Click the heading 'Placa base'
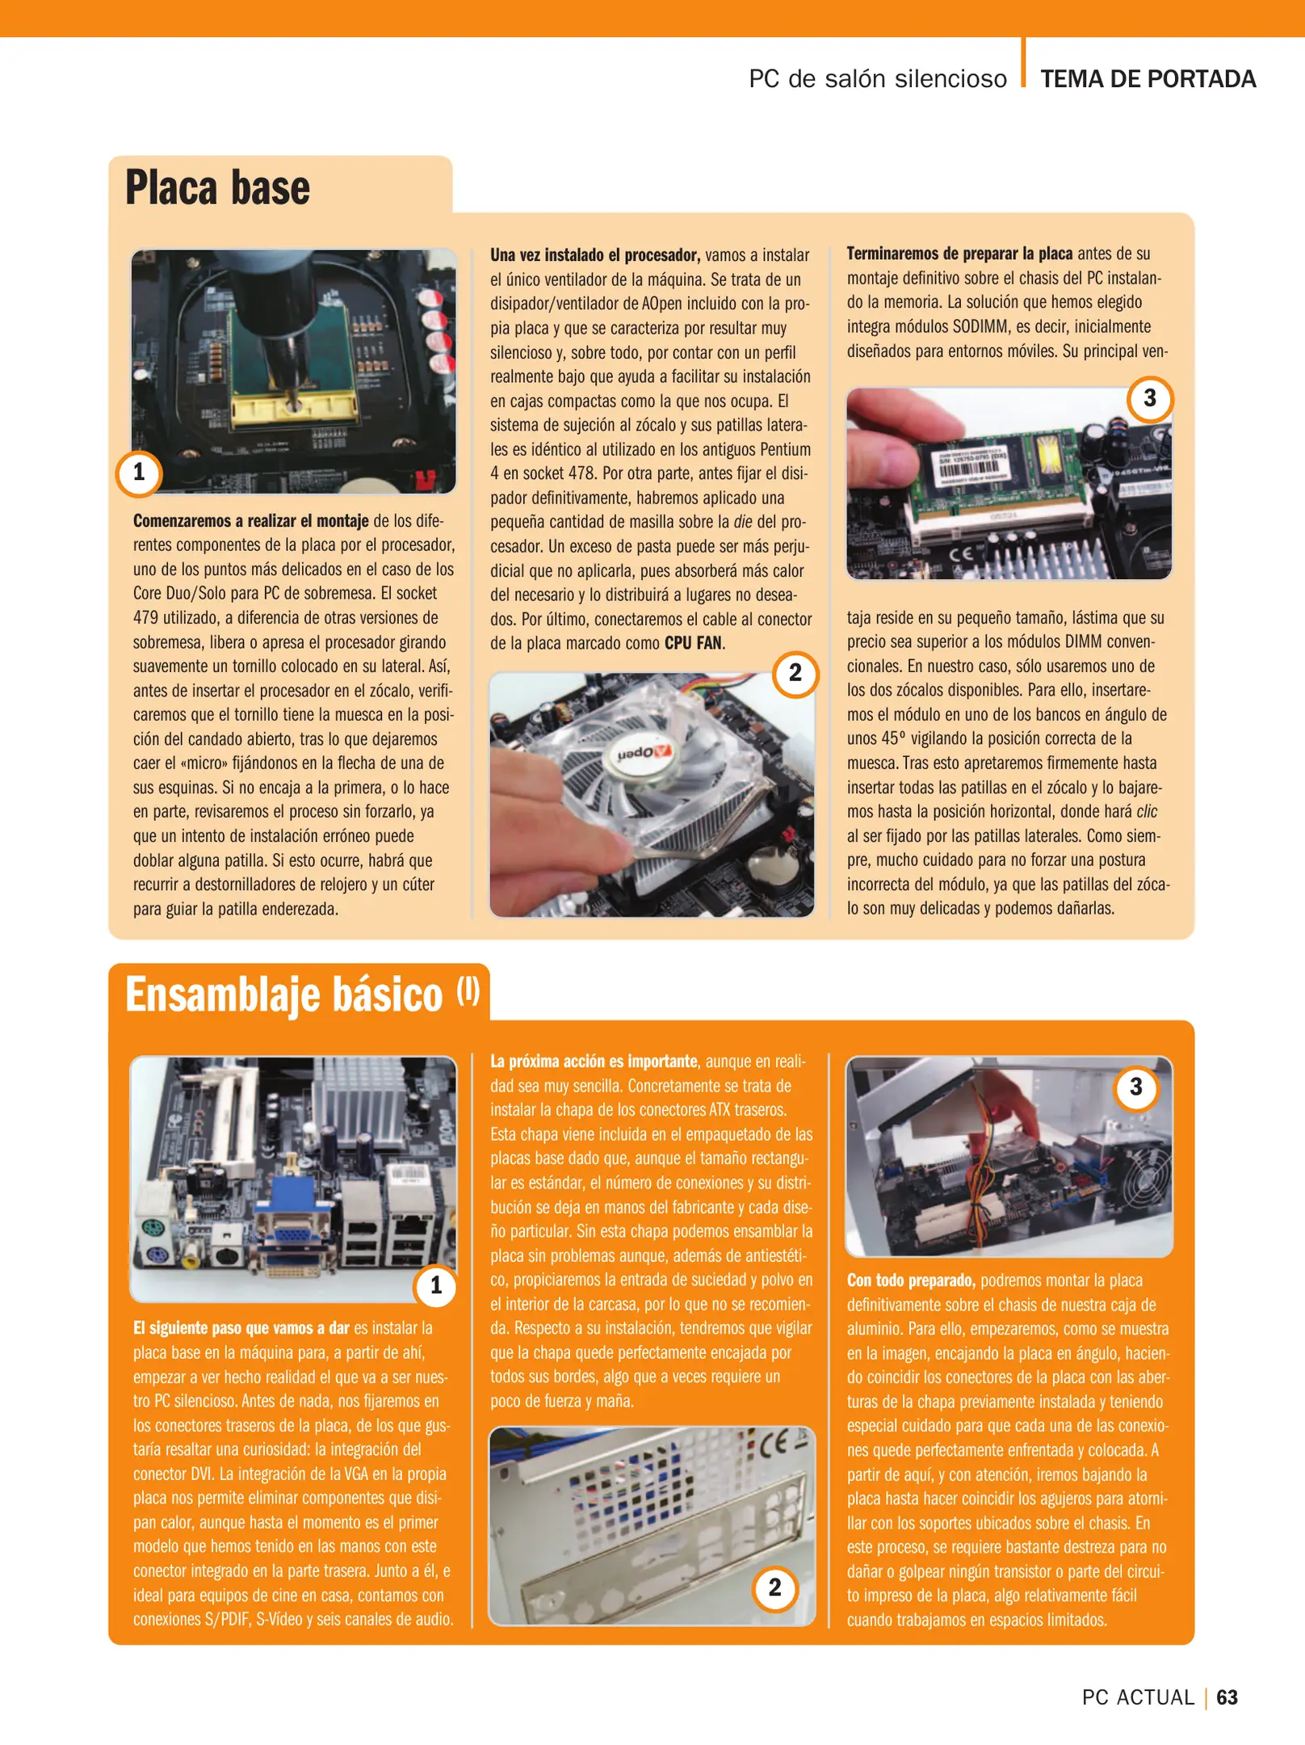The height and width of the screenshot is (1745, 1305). click(x=217, y=188)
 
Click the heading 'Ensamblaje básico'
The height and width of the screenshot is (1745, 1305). click(x=284, y=994)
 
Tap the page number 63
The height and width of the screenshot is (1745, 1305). click(x=1227, y=1697)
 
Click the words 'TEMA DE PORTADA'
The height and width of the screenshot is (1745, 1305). click(x=1148, y=79)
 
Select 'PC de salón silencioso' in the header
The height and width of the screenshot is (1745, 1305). click(x=877, y=79)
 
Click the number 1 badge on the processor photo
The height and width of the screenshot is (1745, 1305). click(x=139, y=473)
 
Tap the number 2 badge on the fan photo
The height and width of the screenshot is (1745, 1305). click(x=795, y=673)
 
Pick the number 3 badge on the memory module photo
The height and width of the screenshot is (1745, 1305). click(x=1149, y=398)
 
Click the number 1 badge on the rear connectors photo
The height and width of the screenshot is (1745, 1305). click(x=436, y=1285)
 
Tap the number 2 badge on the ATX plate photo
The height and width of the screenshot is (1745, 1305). click(x=774, y=1587)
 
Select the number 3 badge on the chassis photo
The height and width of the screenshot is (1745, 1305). click(x=1135, y=1087)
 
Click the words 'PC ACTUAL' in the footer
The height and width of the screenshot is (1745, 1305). click(x=1137, y=1697)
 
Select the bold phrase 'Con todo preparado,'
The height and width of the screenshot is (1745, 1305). click(x=911, y=1280)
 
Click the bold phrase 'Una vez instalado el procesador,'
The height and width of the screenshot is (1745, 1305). click(x=594, y=255)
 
